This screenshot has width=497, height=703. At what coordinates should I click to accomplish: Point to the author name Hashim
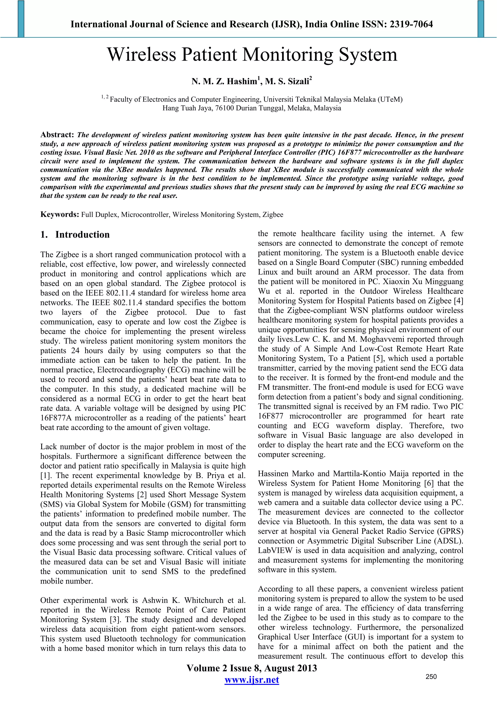pyautogui.click(x=242, y=82)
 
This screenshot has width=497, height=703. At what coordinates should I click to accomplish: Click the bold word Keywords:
pyautogui.click(x=60, y=214)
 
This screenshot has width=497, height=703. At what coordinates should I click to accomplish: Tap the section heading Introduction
pyautogui.click(x=82, y=235)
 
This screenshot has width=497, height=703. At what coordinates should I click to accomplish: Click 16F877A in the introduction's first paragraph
pyautogui.click(x=56, y=418)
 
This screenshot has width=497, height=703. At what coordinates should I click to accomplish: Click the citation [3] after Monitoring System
pyautogui.click(x=116, y=620)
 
